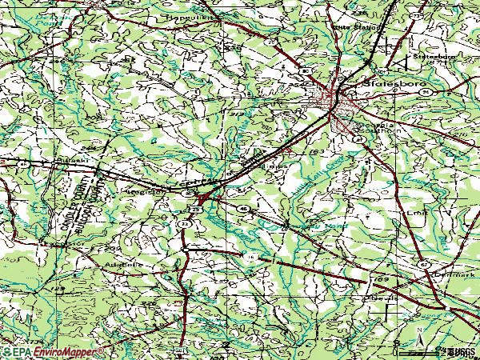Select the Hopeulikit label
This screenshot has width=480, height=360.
tap(185, 14)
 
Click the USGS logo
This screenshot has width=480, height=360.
tap(462, 351)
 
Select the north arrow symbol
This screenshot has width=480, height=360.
tap(417, 328)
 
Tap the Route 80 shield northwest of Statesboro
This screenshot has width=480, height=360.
tap(306, 72)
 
